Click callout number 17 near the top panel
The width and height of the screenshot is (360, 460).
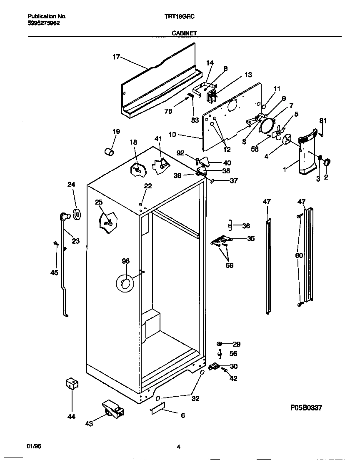tap(116, 57)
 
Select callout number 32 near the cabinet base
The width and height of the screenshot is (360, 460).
tap(195, 399)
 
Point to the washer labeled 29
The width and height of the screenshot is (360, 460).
tap(220, 344)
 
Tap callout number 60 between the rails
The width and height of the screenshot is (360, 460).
tap(298, 255)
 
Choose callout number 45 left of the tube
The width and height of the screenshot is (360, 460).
tap(54, 272)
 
